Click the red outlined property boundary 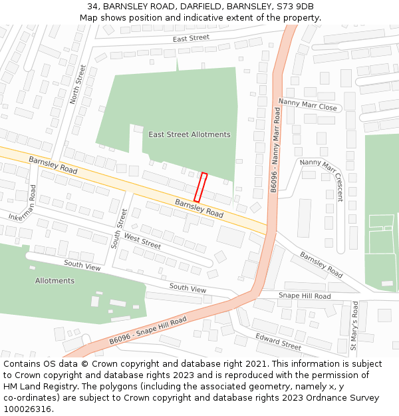point(200,187)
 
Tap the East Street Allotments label point(190,134)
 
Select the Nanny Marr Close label point(307,104)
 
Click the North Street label point(79,85)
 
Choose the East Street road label point(191,39)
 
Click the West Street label point(142,242)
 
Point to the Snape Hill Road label point(304,296)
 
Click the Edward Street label point(278,341)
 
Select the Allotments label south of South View point(55,281)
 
